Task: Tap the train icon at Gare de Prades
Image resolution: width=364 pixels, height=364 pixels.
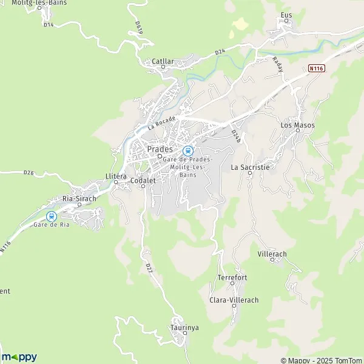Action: tap(187, 150)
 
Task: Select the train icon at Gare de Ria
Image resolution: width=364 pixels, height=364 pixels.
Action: tap(52, 216)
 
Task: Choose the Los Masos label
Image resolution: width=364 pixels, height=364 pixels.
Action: tap(297, 125)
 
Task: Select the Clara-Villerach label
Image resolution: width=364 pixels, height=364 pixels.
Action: tap(234, 300)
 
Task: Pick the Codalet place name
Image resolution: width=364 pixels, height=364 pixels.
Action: tap(142, 180)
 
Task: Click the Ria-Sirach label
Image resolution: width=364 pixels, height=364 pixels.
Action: tap(79, 198)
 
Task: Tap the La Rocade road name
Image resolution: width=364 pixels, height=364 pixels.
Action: tap(161, 123)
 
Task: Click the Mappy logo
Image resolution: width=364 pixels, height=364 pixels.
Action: tap(19, 357)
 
